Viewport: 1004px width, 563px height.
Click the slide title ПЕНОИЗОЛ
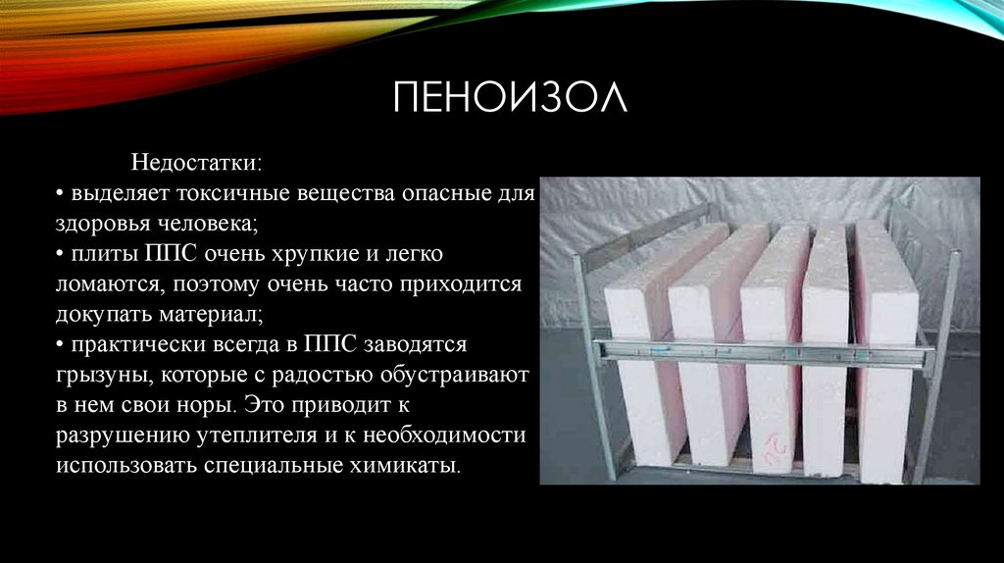tap(510, 97)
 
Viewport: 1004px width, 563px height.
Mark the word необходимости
tap(444, 435)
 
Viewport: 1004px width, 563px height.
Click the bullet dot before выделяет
tap(60, 193)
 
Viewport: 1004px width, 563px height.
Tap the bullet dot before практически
tap(60, 345)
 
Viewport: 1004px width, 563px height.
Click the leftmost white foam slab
tap(640, 359)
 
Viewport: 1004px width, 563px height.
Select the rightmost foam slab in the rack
tap(886, 352)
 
